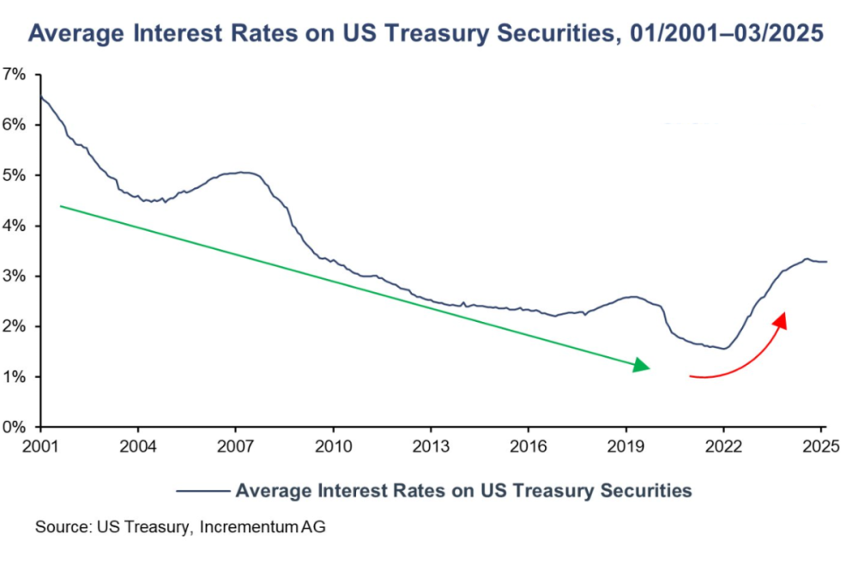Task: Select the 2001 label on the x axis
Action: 39,446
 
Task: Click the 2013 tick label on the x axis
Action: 430,446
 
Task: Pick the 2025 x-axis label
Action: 820,446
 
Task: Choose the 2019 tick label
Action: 625,446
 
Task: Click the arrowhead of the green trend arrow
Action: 643,366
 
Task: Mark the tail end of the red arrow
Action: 690,375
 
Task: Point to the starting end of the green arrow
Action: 60,205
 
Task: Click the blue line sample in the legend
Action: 202,491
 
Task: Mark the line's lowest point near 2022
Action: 724,349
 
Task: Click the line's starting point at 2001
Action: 40,95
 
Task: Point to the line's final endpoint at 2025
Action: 827,261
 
